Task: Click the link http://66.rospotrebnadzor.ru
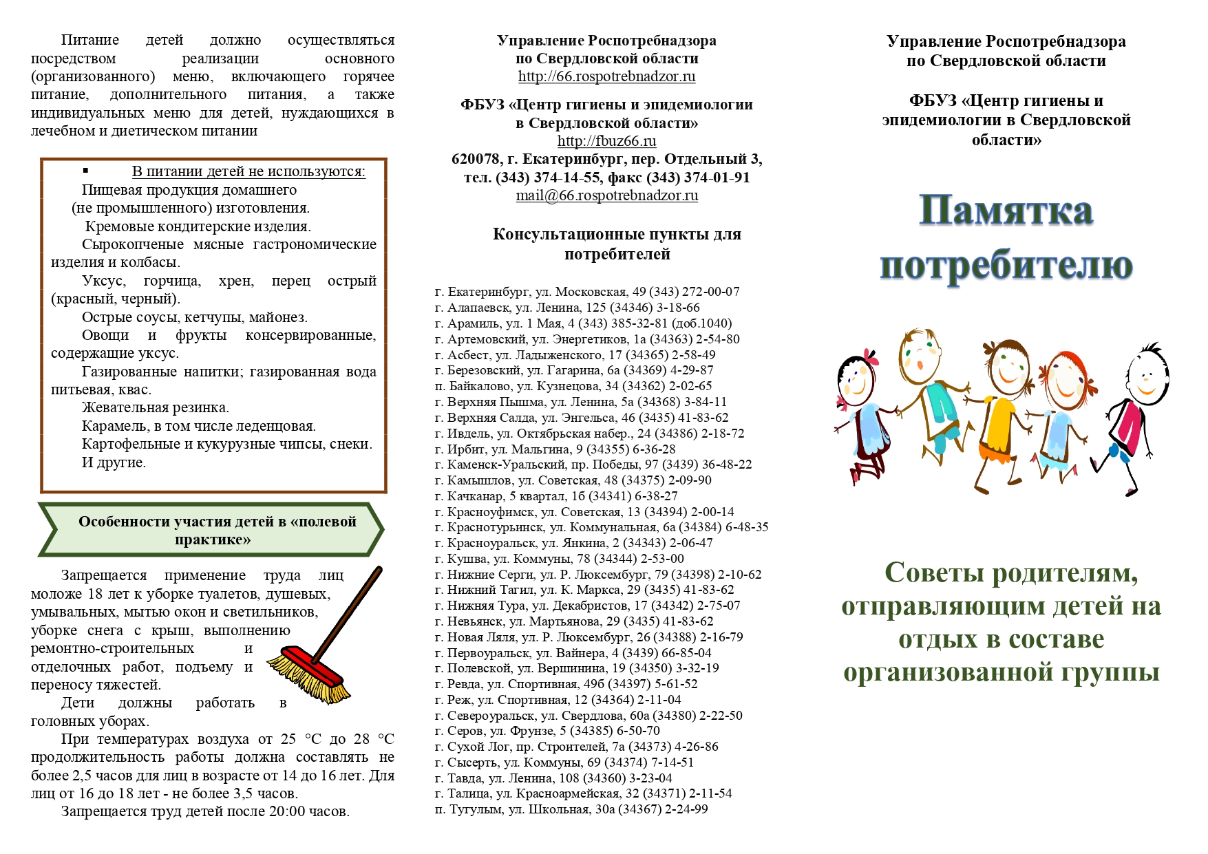tap(606, 76)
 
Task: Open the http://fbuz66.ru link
tap(606, 141)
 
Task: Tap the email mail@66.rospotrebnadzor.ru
tap(606, 195)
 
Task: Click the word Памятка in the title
tap(1006, 210)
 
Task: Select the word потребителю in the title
tap(1006, 265)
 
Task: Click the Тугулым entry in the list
tap(571, 809)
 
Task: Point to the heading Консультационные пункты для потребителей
tap(617, 244)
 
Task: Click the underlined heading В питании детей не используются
tap(248, 171)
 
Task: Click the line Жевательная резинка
tap(156, 407)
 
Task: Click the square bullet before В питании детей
tap(86, 171)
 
